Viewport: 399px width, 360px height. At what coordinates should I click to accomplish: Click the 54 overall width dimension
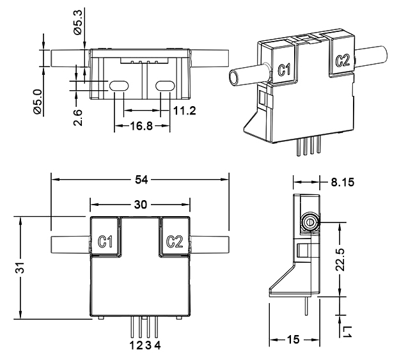coord(140,180)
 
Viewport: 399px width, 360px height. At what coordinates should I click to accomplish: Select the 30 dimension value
coord(140,205)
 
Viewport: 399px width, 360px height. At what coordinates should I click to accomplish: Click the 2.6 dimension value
coord(77,116)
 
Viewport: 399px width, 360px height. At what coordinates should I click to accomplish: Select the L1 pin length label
coord(347,331)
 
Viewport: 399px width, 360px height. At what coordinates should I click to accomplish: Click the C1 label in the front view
coord(106,241)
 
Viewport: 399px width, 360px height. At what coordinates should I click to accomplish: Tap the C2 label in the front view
coord(175,241)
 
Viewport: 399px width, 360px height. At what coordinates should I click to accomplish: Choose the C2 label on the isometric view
coord(342,61)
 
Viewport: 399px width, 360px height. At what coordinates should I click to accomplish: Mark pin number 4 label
coord(157,346)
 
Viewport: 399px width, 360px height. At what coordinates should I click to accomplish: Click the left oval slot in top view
coord(118,86)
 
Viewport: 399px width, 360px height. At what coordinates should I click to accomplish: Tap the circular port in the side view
coord(309,223)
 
